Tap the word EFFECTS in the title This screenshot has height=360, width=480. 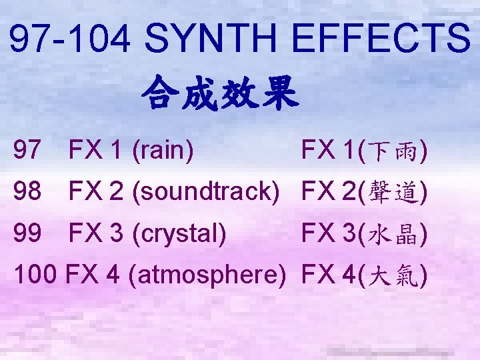tap(379, 39)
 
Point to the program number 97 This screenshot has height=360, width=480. tap(27, 151)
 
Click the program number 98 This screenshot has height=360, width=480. tap(27, 193)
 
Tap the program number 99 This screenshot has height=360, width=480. tap(27, 233)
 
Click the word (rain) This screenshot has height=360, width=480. tap(163, 151)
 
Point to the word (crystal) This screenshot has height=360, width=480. tap(179, 233)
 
